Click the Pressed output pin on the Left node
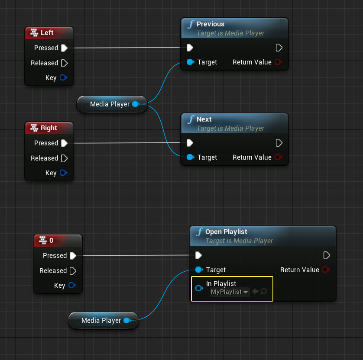(x=64, y=48)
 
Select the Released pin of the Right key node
(x=64, y=158)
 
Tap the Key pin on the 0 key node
(x=71, y=285)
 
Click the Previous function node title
(x=211, y=24)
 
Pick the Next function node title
(x=204, y=119)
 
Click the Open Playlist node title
(x=226, y=232)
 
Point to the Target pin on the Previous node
(x=190, y=62)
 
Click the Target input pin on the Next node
(x=190, y=157)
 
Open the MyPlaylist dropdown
(x=230, y=292)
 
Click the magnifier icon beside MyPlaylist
(x=263, y=292)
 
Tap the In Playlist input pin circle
(x=199, y=288)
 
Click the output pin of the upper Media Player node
(x=135, y=104)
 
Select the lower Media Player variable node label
(x=101, y=321)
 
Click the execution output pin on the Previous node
(x=279, y=48)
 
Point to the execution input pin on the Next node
(x=190, y=143)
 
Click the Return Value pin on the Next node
(x=278, y=157)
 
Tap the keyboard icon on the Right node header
(x=34, y=128)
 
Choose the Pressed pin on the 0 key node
(x=73, y=255)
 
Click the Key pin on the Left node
(x=63, y=78)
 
